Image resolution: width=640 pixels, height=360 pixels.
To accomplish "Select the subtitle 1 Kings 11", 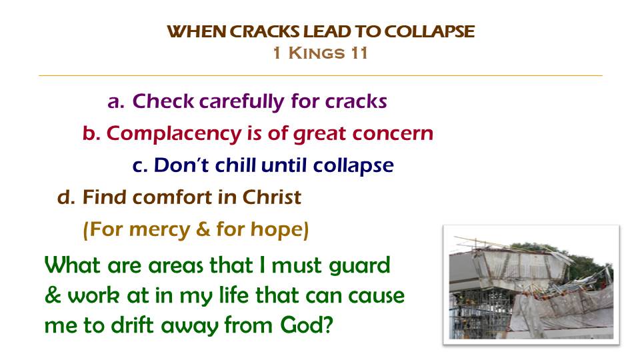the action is tap(321, 53).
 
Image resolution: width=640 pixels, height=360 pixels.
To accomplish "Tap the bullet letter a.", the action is tap(116, 101).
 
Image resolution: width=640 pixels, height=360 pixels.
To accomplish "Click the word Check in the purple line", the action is tap(163, 101).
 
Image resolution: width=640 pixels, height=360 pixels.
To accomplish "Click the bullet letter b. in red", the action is tap(91, 133).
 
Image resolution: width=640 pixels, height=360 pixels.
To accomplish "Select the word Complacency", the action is tap(174, 134).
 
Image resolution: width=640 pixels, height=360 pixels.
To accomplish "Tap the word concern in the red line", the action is tap(393, 133).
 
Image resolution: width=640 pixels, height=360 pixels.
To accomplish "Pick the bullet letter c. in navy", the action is tap(140, 166).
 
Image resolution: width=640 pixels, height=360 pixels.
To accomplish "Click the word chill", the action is tap(235, 165).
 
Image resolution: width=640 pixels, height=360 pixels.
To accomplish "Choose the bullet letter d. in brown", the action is tap(66, 197).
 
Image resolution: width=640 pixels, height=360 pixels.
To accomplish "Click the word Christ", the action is tap(272, 197).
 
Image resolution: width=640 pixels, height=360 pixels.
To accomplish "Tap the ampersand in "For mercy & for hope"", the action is tap(203, 229).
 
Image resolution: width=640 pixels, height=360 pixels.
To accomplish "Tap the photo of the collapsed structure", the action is tap(531, 285).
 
